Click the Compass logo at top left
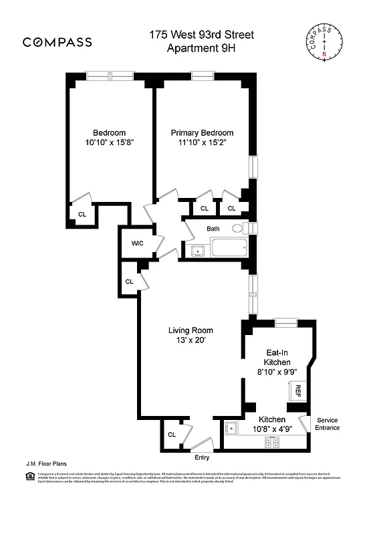point(57,42)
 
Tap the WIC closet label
point(138,243)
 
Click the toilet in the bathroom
point(239,229)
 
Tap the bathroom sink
point(197,251)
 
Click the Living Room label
point(191,330)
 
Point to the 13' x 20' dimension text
point(191,340)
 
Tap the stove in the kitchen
point(272,441)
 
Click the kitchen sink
point(231,429)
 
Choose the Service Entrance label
point(328,423)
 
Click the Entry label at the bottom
point(202,457)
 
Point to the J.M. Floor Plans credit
point(42,463)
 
